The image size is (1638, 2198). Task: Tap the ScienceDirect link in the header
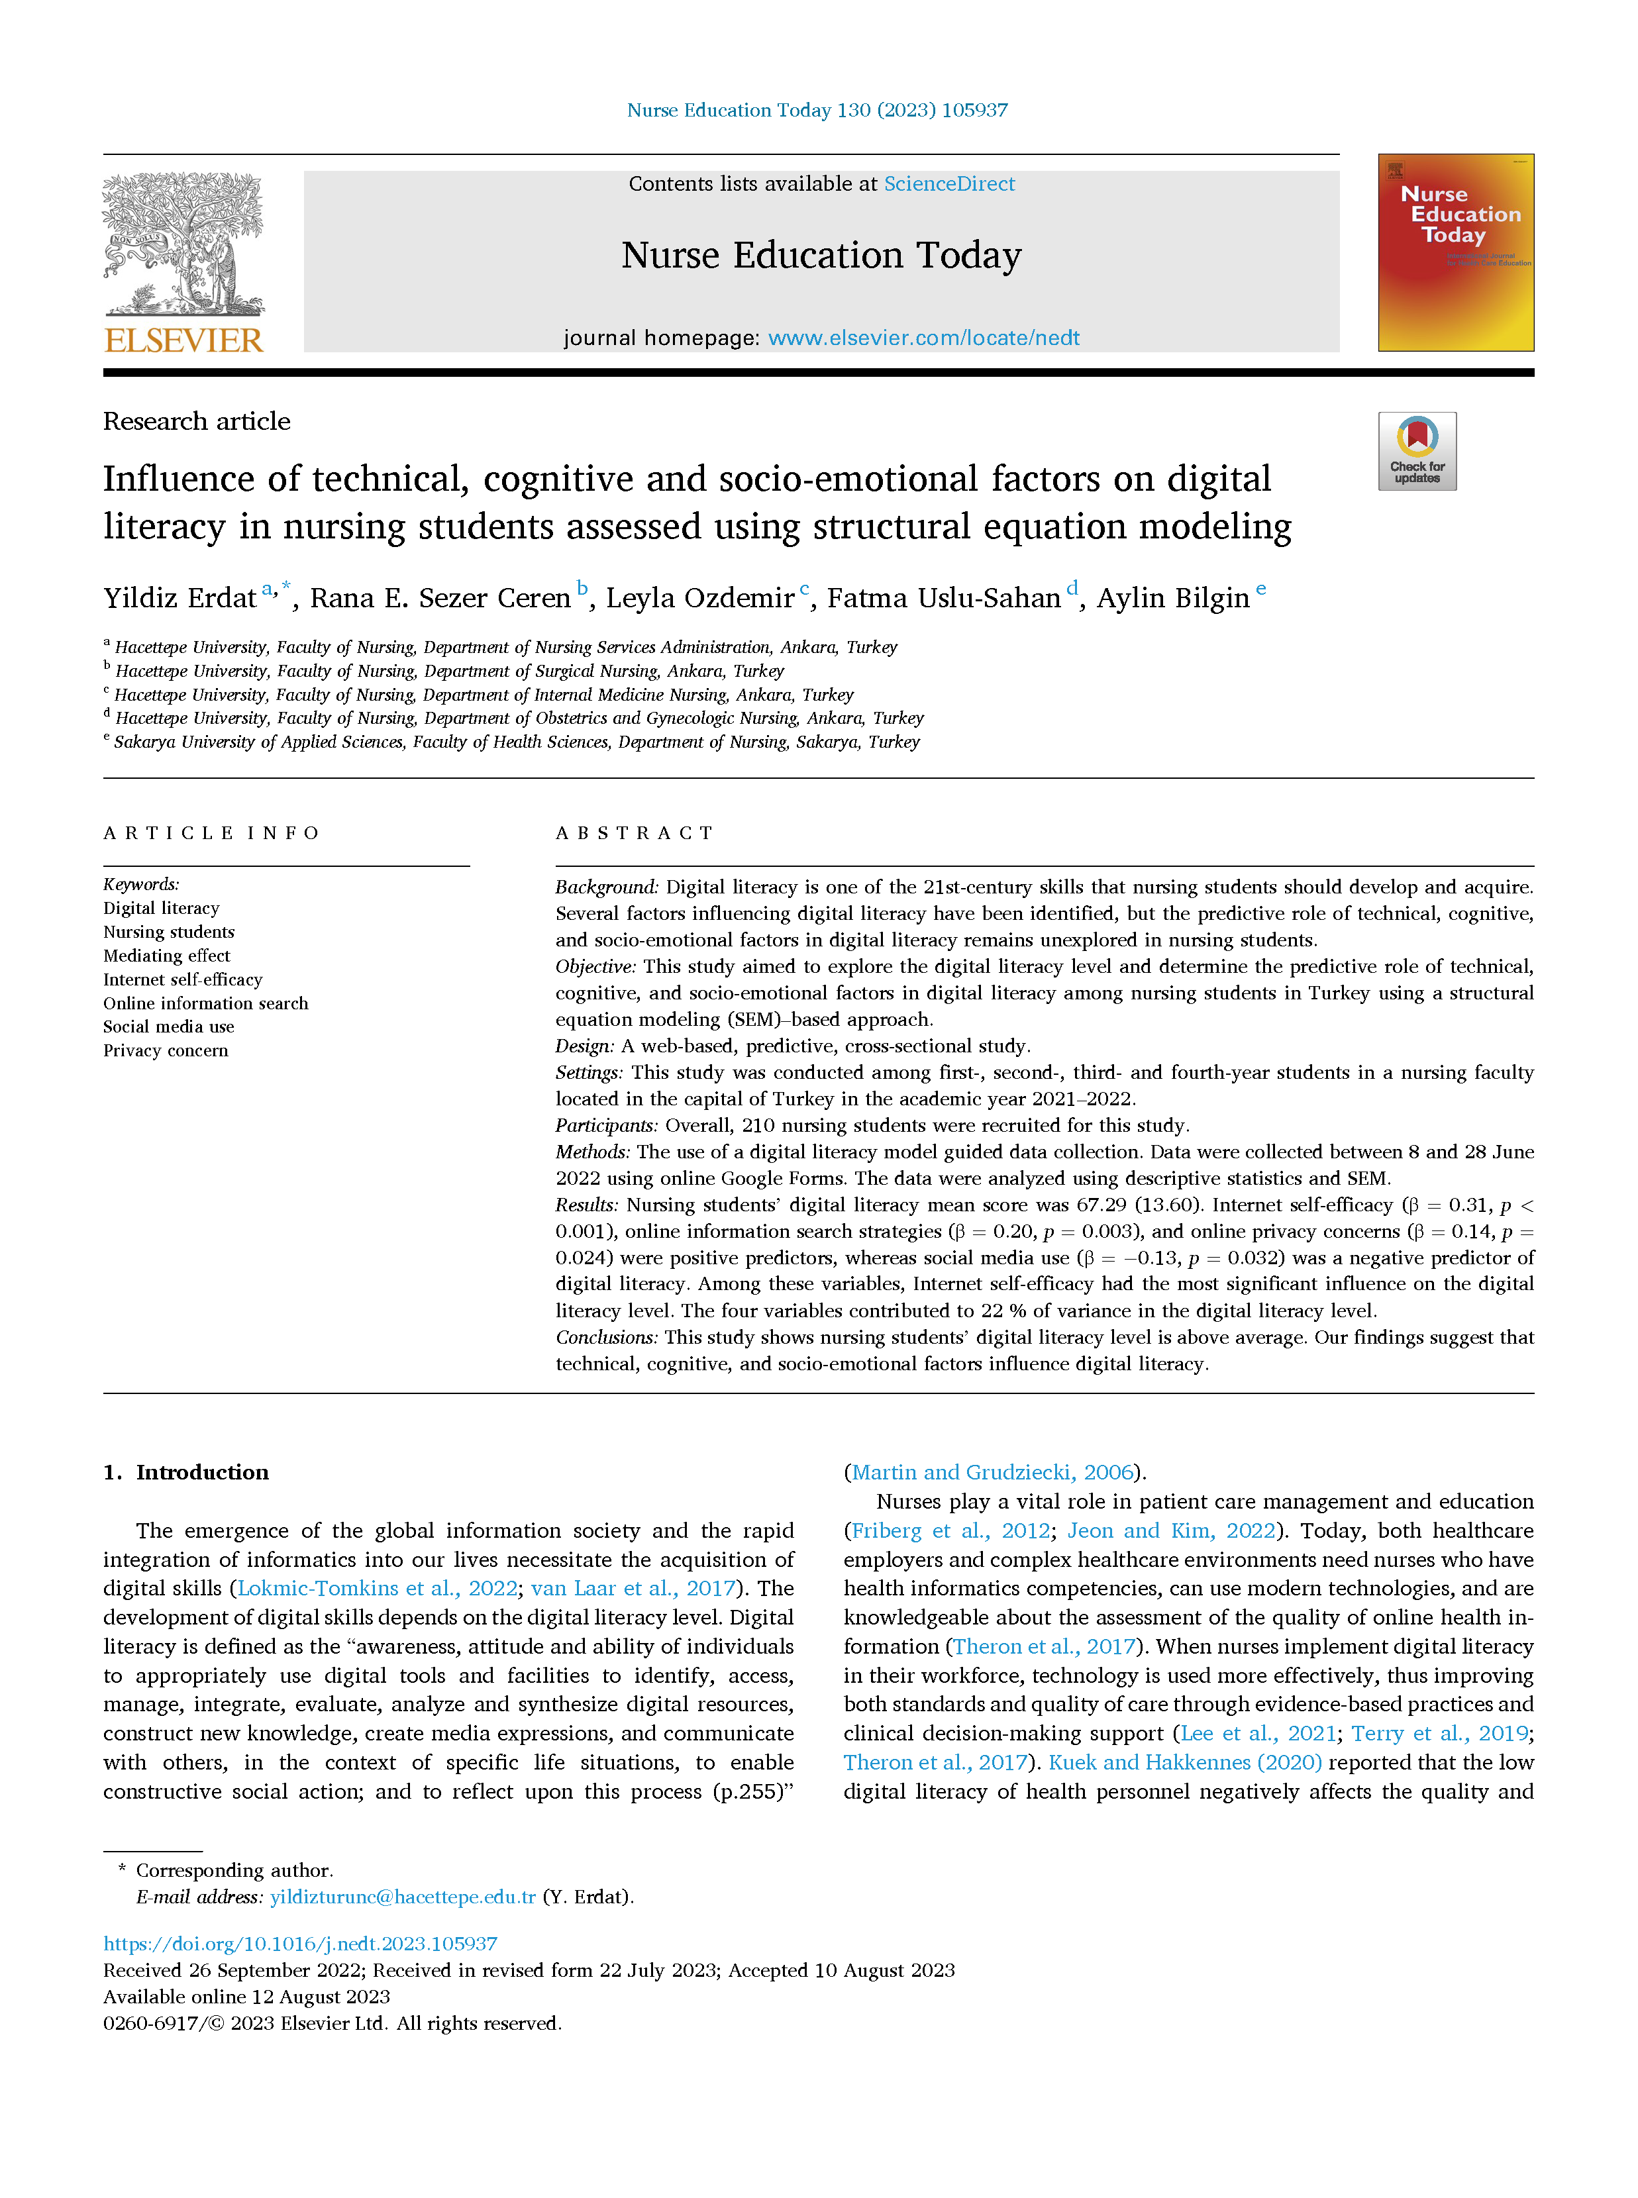point(949,184)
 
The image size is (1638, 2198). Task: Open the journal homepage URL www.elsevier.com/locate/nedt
point(923,338)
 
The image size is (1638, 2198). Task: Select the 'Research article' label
point(196,421)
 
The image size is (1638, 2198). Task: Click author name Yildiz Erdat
point(179,598)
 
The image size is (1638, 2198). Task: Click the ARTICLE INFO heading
point(211,833)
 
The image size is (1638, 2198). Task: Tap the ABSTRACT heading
point(635,833)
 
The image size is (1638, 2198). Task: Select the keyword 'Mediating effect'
point(166,956)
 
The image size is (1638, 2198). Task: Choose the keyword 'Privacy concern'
point(166,1051)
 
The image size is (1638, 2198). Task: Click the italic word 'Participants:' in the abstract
point(606,1125)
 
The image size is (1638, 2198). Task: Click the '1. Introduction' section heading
point(185,1472)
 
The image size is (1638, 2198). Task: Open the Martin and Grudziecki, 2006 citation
point(992,1472)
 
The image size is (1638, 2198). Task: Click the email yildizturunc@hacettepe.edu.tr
point(403,1897)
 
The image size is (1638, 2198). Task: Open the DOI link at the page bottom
point(301,1944)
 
